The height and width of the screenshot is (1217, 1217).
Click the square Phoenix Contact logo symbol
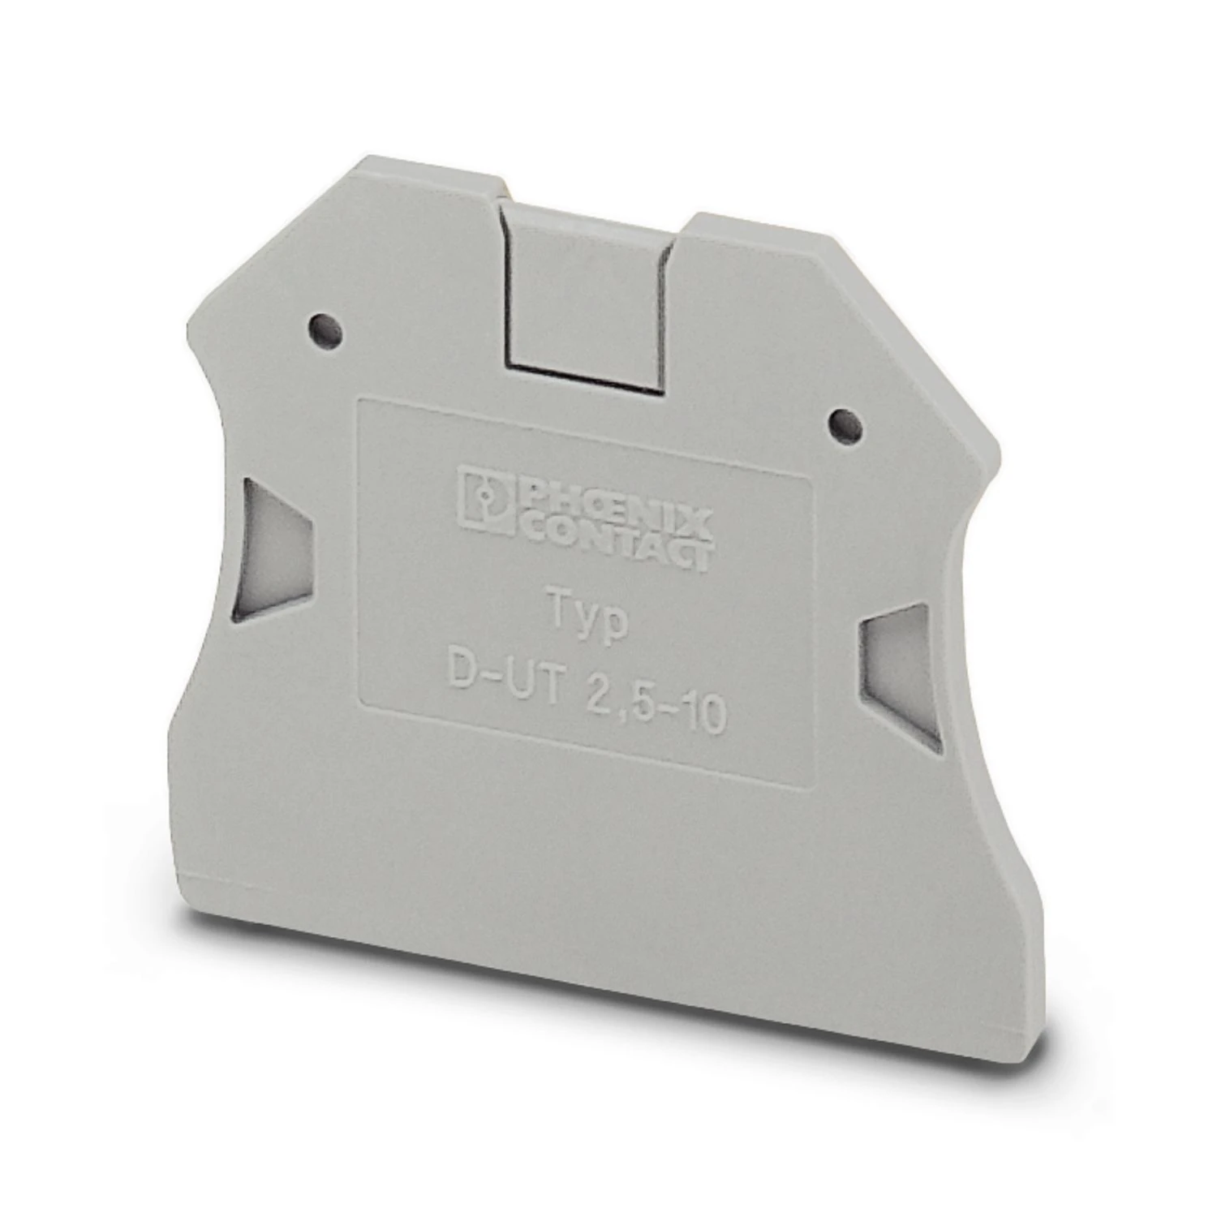tap(484, 497)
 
